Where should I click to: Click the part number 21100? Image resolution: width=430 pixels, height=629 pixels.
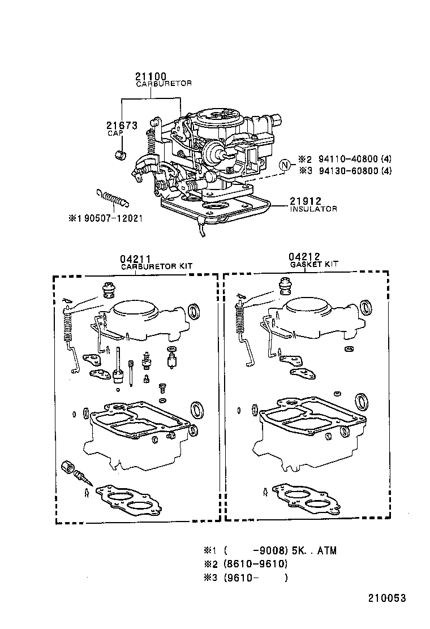(x=151, y=76)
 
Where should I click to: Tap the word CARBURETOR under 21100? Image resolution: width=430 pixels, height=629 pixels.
(x=164, y=84)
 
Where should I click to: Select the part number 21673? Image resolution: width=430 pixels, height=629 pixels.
(x=122, y=126)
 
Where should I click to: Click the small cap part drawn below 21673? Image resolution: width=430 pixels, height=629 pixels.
(x=120, y=155)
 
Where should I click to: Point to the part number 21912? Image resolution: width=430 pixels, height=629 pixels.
(x=306, y=201)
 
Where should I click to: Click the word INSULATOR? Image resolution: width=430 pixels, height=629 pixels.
(x=313, y=209)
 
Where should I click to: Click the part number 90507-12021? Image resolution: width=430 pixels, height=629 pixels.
(x=108, y=218)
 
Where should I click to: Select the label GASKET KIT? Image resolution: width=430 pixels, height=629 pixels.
(x=314, y=264)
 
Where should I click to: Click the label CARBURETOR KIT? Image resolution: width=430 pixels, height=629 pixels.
(x=152, y=266)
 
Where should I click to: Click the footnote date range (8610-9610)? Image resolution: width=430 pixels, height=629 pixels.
(x=255, y=564)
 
